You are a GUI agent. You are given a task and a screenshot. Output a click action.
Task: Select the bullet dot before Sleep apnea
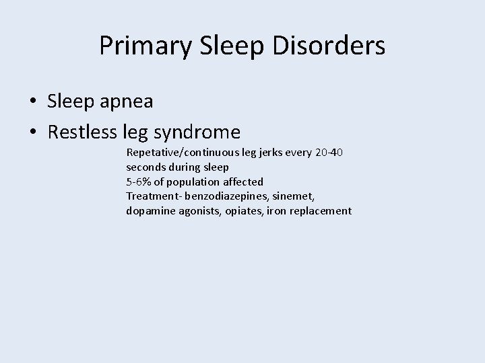pos(33,102)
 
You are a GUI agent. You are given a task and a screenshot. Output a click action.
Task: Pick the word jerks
pos(268,152)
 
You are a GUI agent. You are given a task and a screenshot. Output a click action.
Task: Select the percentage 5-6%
pos(137,182)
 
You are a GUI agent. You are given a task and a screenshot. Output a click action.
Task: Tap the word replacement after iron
pos(323,211)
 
